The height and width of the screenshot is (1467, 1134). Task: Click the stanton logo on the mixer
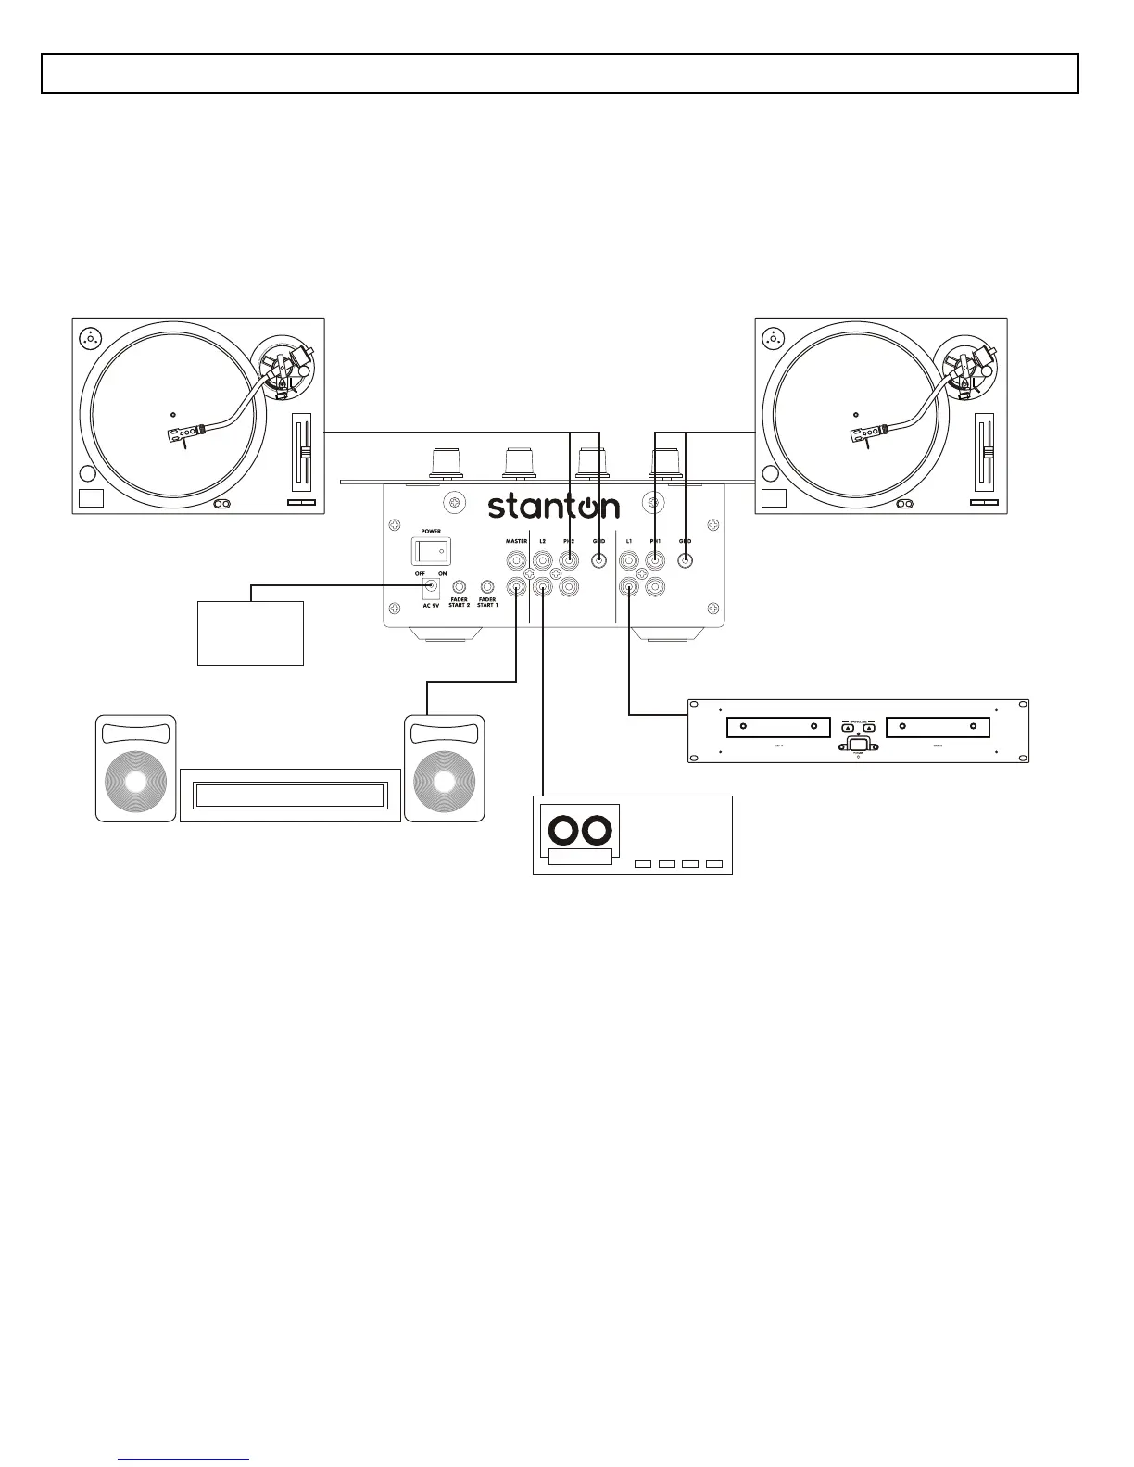coord(554,506)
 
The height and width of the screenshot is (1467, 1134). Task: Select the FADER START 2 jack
coord(459,587)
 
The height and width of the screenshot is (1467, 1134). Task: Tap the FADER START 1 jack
coord(487,587)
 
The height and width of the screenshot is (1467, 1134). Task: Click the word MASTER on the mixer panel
coord(516,541)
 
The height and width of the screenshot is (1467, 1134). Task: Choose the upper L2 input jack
coord(543,561)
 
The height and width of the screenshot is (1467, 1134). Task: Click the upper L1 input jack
coord(629,561)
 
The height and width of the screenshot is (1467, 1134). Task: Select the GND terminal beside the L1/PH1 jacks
coord(686,560)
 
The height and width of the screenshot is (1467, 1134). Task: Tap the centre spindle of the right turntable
coord(855,414)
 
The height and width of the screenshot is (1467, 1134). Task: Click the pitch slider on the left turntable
coord(303,452)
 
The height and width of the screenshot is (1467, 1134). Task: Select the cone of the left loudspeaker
coord(135,782)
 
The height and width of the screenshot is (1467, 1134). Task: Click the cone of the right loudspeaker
coord(445,782)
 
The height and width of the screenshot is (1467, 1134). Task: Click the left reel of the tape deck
coord(561,831)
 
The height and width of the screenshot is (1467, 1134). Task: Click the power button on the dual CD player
coord(857,744)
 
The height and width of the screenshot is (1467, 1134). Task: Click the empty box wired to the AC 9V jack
coord(250,633)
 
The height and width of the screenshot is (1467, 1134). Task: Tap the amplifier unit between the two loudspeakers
coord(290,796)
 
